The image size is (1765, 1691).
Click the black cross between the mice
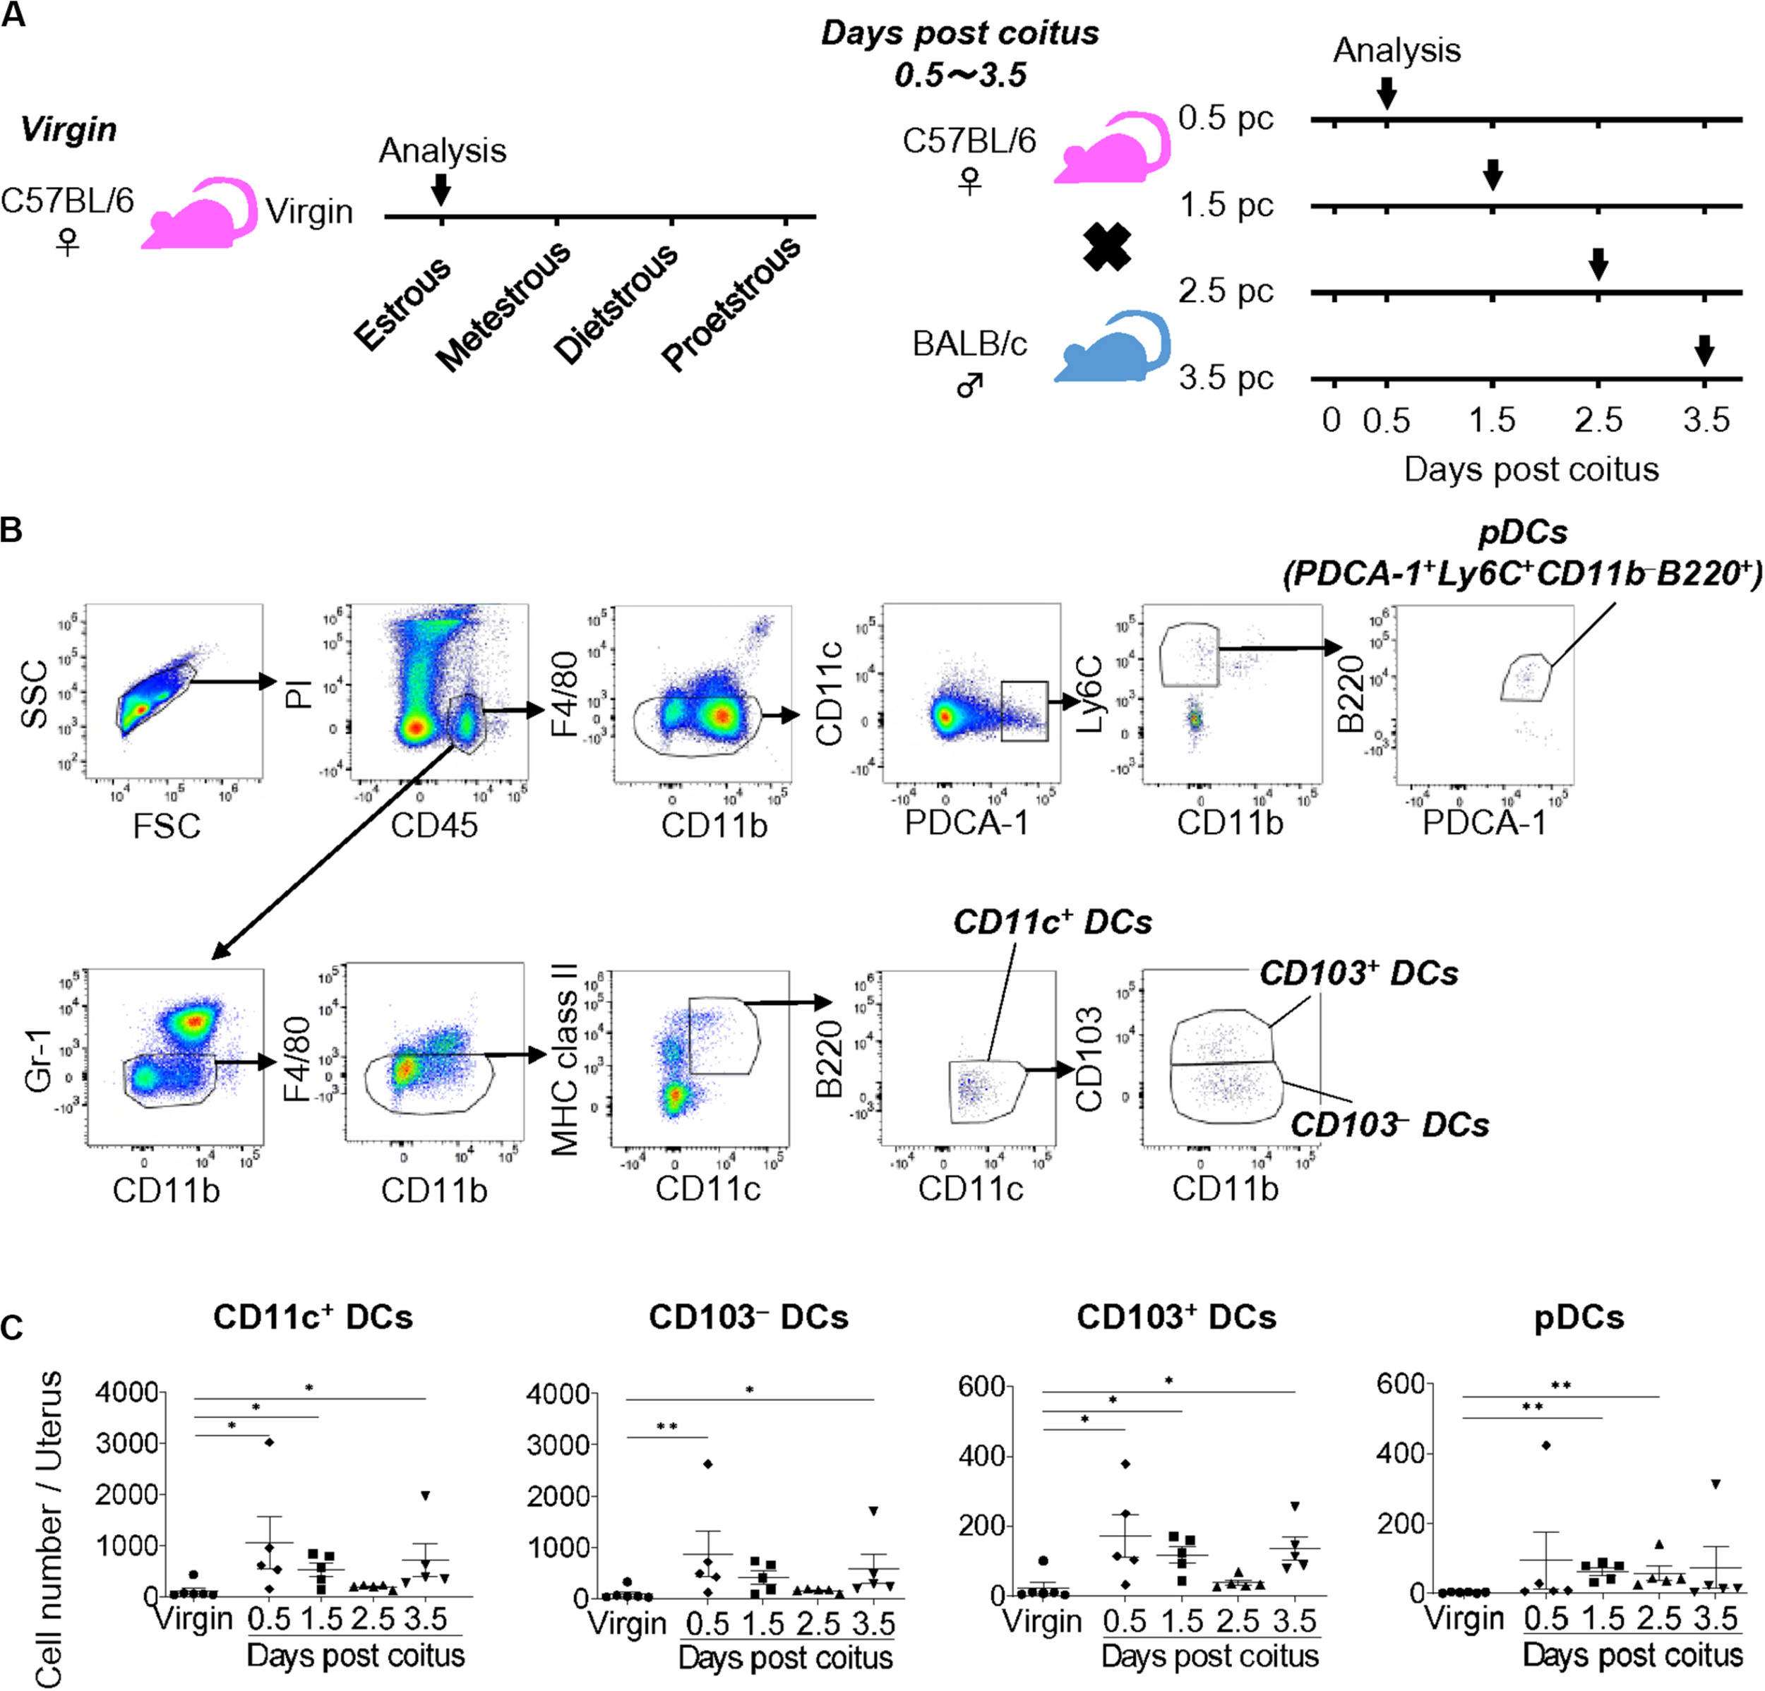[x=1107, y=248]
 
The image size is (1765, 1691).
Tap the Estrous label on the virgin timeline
[x=402, y=303]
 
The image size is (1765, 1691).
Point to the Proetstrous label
[x=731, y=303]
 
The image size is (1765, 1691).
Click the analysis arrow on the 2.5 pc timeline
[x=1598, y=264]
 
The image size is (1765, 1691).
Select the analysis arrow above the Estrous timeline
[x=441, y=189]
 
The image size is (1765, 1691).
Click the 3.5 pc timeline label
[x=1226, y=378]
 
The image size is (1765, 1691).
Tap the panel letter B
[x=12, y=529]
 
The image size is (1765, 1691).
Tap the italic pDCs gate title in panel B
[x=1523, y=532]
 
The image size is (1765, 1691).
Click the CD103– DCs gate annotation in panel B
[x=1389, y=1125]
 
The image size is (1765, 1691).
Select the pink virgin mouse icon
[x=200, y=215]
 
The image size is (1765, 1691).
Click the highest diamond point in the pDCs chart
[x=1546, y=1445]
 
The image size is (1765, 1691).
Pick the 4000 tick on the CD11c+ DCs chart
[x=127, y=1392]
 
